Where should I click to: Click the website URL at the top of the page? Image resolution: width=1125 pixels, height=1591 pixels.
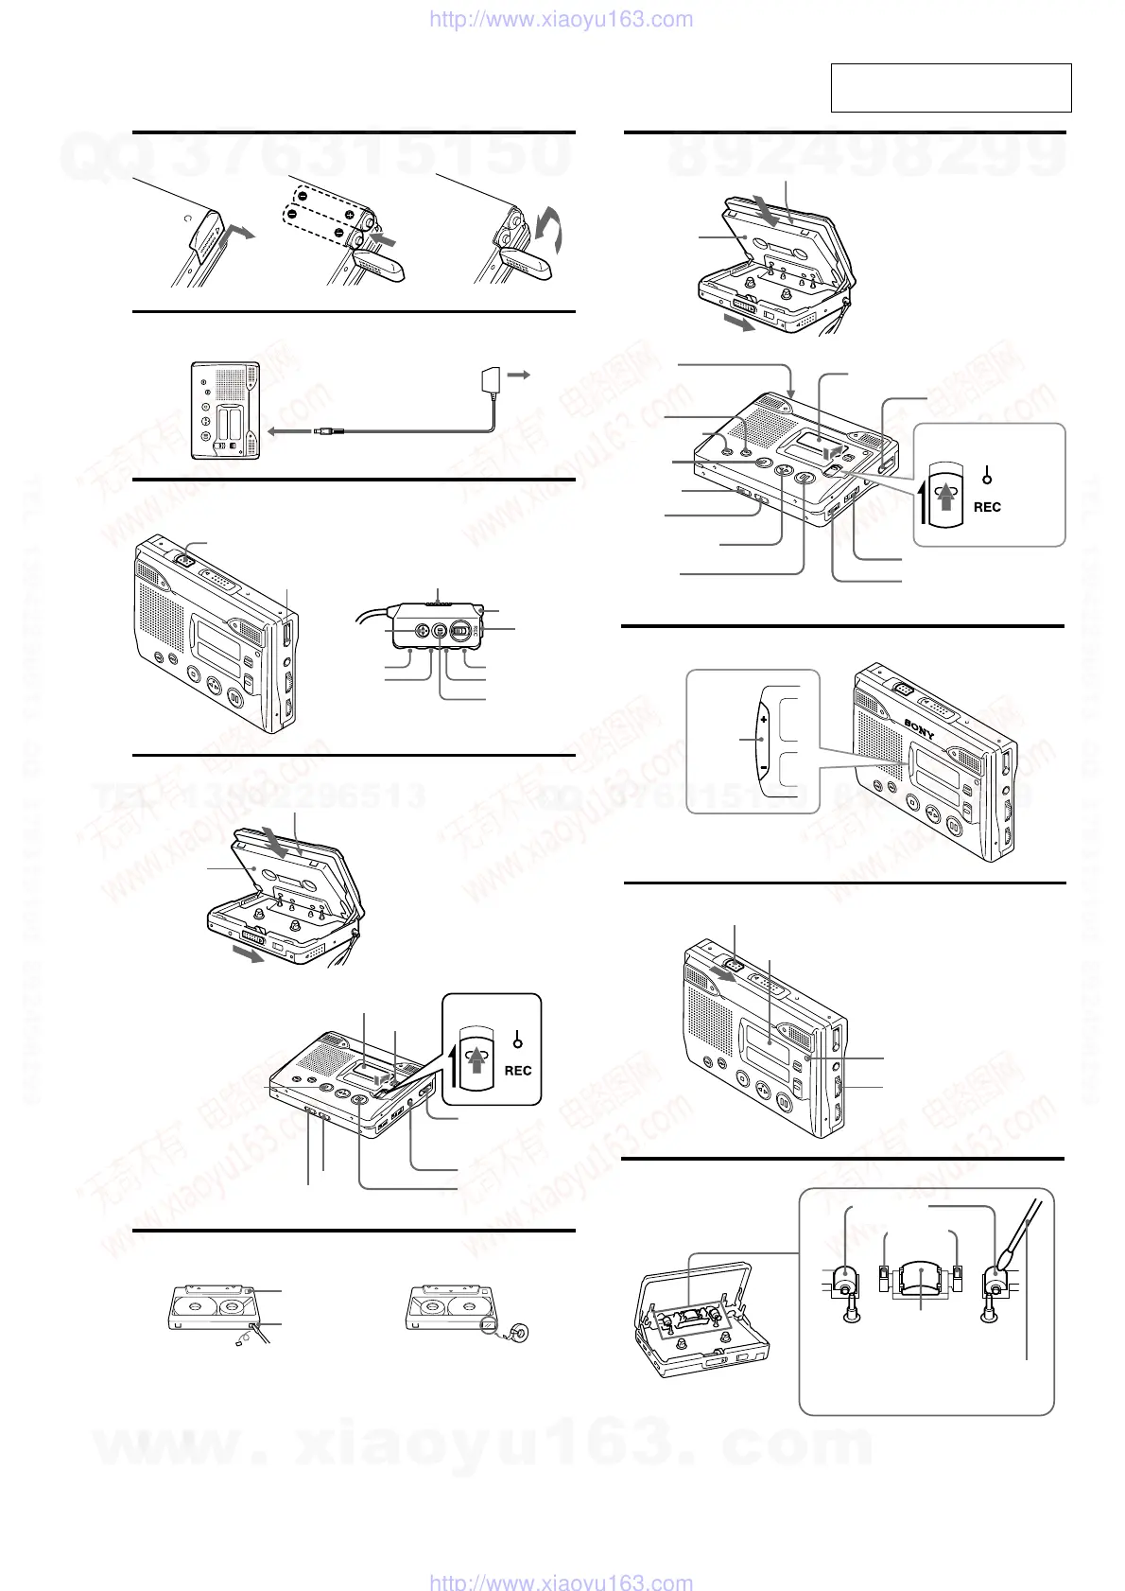click(x=561, y=20)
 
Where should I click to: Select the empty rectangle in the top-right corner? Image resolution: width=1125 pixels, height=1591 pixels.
click(x=950, y=88)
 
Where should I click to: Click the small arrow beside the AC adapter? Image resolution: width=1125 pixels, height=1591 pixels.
click(x=521, y=376)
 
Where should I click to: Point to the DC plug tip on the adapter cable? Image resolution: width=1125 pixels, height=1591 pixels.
click(x=320, y=431)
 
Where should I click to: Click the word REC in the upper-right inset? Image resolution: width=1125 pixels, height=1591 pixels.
click(x=987, y=507)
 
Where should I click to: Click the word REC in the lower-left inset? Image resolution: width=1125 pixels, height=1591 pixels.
click(x=518, y=1071)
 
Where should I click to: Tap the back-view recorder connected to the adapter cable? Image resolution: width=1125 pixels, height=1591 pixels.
click(x=226, y=411)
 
